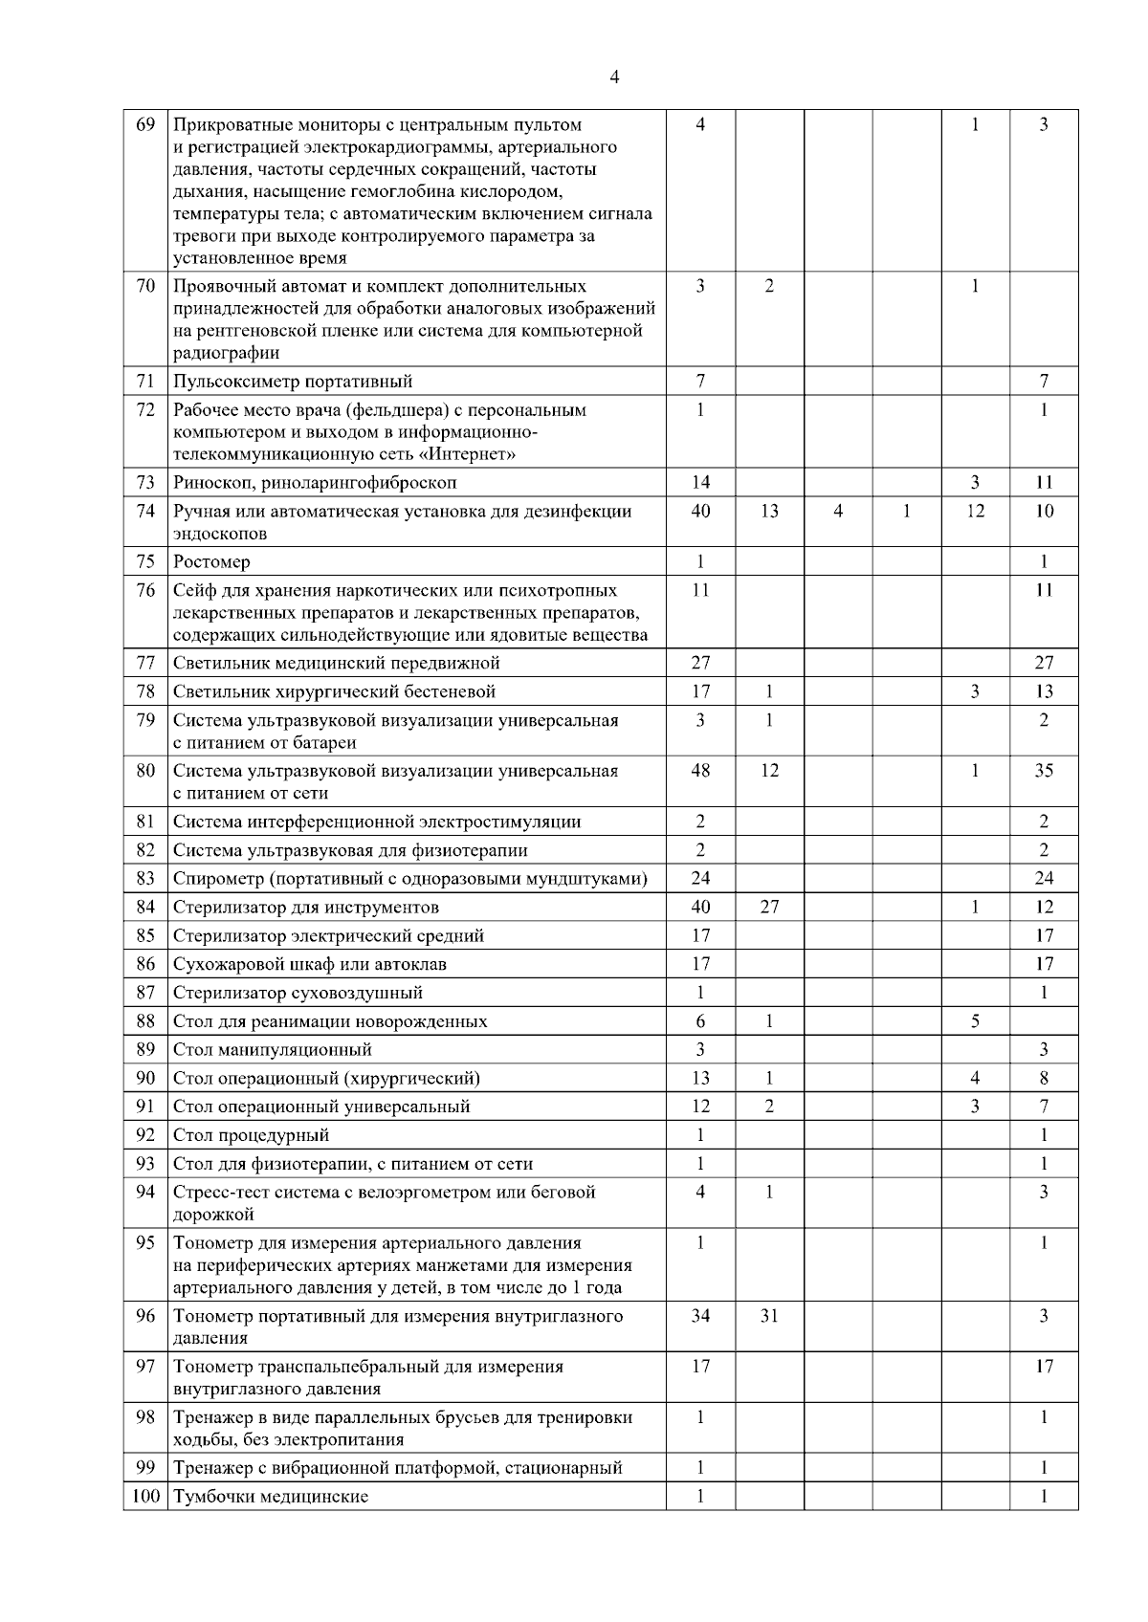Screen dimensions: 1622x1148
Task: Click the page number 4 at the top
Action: tap(614, 77)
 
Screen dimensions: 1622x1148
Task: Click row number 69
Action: tap(145, 124)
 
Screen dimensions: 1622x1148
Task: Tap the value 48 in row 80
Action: tap(700, 771)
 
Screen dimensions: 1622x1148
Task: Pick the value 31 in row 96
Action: tap(769, 1316)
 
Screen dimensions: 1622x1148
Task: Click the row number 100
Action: tap(145, 1497)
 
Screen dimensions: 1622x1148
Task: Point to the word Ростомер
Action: tap(211, 562)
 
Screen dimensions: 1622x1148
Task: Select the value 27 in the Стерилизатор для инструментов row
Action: tap(769, 907)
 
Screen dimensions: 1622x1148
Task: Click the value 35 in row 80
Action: tap(1044, 771)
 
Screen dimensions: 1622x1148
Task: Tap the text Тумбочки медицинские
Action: tap(271, 1497)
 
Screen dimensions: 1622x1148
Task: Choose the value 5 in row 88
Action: tap(975, 1021)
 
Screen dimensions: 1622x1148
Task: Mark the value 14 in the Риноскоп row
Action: tap(700, 483)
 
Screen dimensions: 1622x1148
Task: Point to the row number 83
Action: tap(145, 878)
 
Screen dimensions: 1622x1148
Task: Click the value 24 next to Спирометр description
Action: tap(700, 878)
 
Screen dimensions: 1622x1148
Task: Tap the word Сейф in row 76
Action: tap(192, 591)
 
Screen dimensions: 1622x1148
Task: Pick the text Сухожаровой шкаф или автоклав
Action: tap(310, 964)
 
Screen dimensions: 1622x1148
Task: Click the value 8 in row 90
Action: tap(1044, 1079)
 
